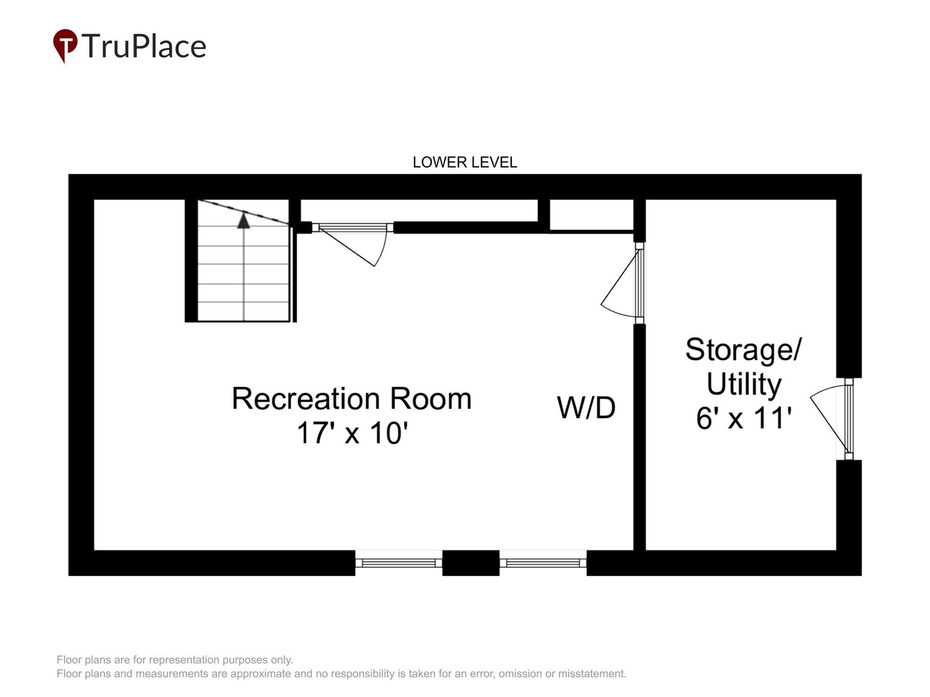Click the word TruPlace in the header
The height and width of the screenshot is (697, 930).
coord(144,46)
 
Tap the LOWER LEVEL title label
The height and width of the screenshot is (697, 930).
coord(465,162)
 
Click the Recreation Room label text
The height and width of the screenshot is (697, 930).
coord(352,399)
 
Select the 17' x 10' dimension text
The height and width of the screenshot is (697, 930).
coord(352,433)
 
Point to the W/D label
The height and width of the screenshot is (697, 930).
coord(586,408)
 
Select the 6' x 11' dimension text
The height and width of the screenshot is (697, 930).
coord(744,418)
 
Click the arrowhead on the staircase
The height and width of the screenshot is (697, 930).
coord(244,220)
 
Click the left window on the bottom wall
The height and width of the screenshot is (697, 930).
coord(399,563)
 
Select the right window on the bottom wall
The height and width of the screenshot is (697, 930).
coord(543,563)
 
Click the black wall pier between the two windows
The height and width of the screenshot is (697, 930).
coord(471,563)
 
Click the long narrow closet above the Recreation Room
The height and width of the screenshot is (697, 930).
coord(418,210)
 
